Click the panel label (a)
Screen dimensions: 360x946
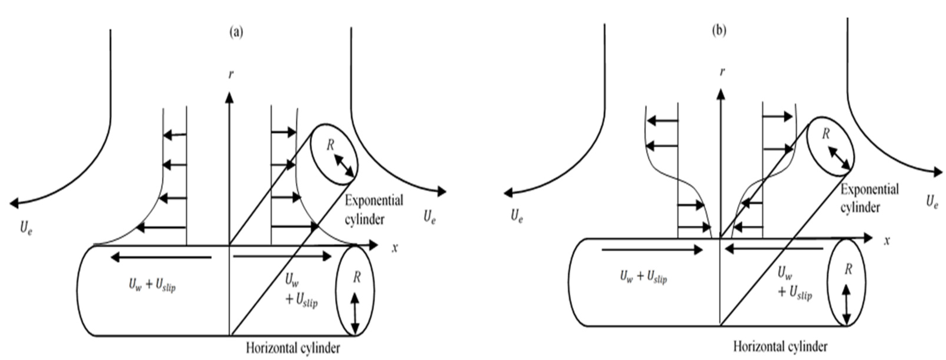point(236,32)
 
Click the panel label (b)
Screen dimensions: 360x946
point(719,31)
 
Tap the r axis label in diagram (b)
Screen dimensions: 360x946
point(722,72)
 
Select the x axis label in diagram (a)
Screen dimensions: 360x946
point(395,248)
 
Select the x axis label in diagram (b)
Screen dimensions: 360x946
point(887,241)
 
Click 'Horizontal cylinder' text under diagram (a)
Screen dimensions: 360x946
point(293,347)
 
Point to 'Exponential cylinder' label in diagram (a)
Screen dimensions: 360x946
point(374,210)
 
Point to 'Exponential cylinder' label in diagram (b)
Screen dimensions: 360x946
point(869,198)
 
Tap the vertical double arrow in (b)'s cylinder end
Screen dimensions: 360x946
point(847,304)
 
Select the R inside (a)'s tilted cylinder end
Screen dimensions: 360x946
point(330,146)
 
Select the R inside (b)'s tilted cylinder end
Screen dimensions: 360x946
point(826,134)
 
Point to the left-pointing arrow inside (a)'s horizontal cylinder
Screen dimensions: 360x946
point(161,258)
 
